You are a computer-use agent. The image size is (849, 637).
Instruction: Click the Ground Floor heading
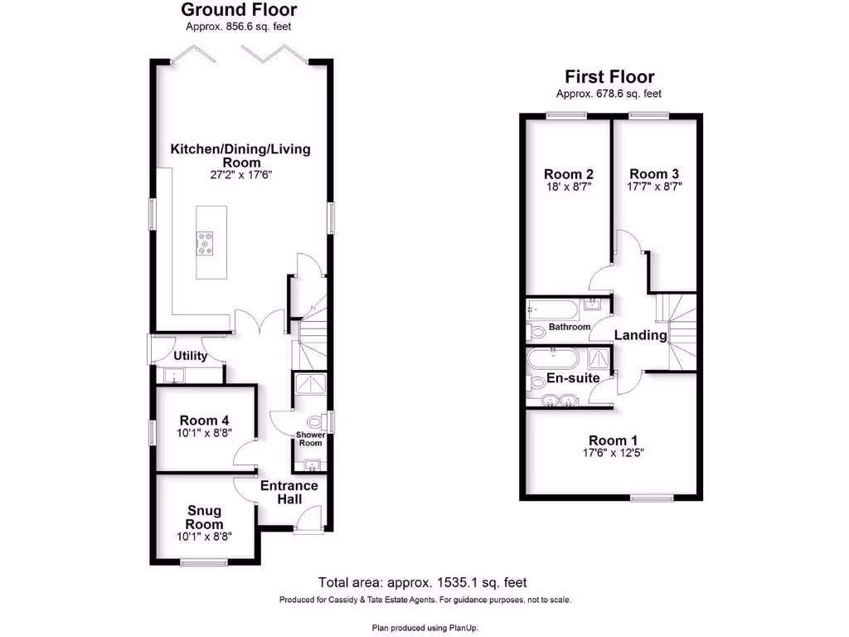[239, 11]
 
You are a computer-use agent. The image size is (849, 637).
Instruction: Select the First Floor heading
[609, 77]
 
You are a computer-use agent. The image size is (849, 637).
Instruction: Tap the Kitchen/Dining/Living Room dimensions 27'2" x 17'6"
[240, 176]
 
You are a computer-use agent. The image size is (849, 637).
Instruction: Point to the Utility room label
[190, 356]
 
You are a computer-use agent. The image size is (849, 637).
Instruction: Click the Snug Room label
[204, 518]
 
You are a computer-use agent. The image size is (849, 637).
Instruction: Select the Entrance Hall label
[289, 492]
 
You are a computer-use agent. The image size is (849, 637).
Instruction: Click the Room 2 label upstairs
[568, 173]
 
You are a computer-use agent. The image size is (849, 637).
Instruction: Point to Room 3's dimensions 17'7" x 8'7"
[654, 187]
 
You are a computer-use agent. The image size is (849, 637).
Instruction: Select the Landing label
[640, 335]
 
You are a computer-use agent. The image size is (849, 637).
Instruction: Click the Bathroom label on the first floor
[569, 327]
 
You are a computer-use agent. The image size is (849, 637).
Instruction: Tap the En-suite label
[573, 378]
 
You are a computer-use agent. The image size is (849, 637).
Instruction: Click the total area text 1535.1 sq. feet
[423, 582]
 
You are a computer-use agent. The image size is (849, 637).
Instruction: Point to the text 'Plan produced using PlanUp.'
[424, 628]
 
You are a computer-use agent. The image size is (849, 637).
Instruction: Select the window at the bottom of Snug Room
[204, 563]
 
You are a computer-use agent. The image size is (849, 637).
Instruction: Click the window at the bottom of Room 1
[652, 498]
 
